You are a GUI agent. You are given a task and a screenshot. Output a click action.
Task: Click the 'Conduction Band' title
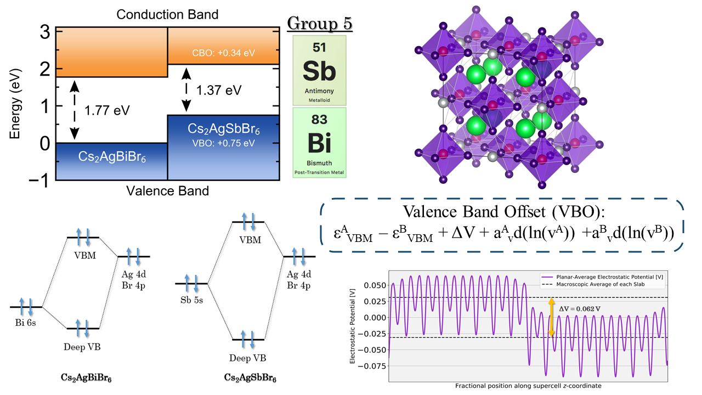pyautogui.click(x=167, y=14)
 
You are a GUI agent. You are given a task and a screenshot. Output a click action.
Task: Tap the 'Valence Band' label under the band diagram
pyautogui.click(x=167, y=191)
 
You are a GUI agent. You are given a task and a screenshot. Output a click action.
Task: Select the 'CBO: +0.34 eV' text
pyautogui.click(x=223, y=53)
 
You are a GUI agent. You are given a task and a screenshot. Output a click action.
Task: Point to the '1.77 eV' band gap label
pyautogui.click(x=107, y=110)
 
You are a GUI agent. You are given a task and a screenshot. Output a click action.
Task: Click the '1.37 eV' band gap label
pyautogui.click(x=219, y=91)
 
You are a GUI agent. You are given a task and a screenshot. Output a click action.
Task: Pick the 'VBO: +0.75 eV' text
pyautogui.click(x=223, y=143)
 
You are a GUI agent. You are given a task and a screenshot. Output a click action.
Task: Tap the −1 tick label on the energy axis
pyautogui.click(x=39, y=181)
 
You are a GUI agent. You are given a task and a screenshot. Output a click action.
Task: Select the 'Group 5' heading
pyautogui.click(x=320, y=24)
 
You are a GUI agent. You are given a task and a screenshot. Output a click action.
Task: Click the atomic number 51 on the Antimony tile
pyautogui.click(x=319, y=47)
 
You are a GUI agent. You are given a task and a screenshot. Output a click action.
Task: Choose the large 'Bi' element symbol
pyautogui.click(x=319, y=143)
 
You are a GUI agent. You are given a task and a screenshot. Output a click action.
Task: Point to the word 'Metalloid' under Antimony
pyautogui.click(x=319, y=100)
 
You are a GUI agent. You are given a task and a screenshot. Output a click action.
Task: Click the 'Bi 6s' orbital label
pyautogui.click(x=26, y=323)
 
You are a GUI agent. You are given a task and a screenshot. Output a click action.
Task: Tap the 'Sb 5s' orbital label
pyautogui.click(x=191, y=300)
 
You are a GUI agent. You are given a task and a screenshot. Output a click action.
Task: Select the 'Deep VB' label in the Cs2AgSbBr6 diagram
pyautogui.click(x=247, y=358)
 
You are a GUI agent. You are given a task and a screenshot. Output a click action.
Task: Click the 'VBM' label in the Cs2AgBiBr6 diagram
pyautogui.click(x=85, y=256)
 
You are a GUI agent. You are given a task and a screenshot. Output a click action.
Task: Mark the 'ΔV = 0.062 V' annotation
pyautogui.click(x=580, y=309)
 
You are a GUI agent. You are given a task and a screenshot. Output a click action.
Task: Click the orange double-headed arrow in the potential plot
pyautogui.click(x=551, y=317)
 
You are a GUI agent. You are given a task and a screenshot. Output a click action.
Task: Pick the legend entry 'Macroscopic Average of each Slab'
pyautogui.click(x=601, y=284)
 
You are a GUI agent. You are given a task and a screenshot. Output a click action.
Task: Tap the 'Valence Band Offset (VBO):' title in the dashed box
pyautogui.click(x=503, y=212)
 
